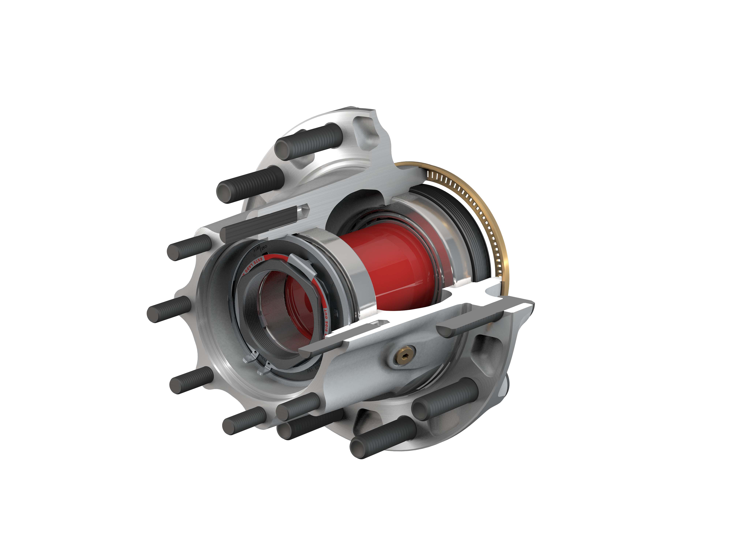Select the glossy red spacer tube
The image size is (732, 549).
pos(394,265)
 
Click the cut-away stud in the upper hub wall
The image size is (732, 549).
pos(265,222)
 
